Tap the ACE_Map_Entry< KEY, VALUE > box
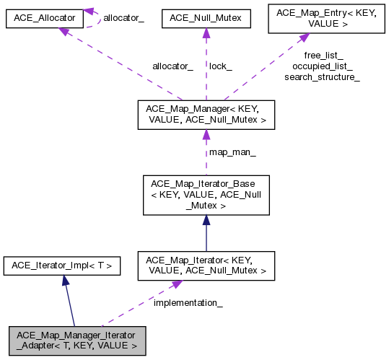point(323,17)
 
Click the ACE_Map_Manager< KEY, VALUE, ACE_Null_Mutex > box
point(206,114)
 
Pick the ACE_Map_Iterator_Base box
point(206,195)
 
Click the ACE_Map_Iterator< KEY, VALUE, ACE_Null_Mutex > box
point(206,265)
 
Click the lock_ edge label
point(220,66)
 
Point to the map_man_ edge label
point(232,152)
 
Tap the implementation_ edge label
point(188,303)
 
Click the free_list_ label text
point(323,55)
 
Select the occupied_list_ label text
point(323,66)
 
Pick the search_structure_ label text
point(323,76)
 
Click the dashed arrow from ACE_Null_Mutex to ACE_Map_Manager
point(206,65)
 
